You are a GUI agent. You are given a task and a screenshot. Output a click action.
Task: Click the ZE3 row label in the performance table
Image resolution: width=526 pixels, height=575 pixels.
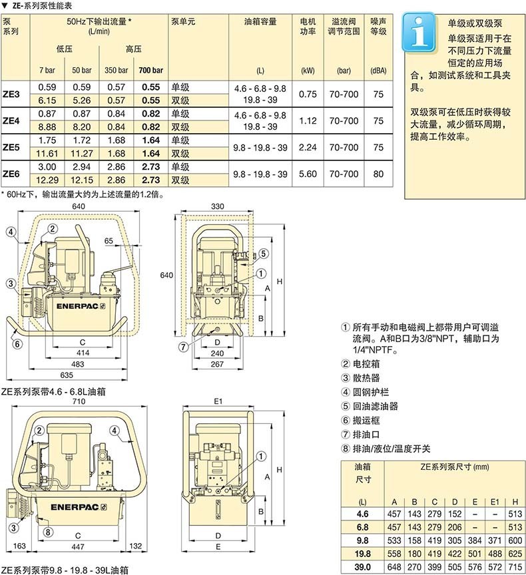coord(11,94)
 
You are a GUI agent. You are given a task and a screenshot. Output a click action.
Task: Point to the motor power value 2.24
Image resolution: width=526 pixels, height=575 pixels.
coord(308,147)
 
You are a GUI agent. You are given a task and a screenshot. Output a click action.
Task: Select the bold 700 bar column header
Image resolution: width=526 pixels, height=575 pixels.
coord(150,70)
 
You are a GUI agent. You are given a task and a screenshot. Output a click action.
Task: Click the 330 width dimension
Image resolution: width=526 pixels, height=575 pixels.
coord(217,207)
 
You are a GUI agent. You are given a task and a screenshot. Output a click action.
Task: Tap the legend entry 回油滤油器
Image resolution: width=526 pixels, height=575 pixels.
coord(376,405)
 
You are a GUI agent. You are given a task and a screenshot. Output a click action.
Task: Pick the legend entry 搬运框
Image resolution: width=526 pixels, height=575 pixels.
coord(365,419)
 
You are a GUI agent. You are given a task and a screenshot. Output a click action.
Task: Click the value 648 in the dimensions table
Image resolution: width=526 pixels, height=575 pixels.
coord(395,567)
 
